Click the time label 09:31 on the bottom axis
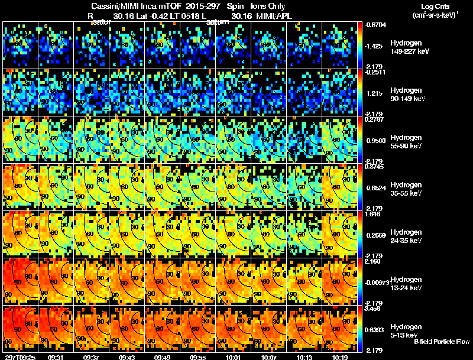[x=56, y=356]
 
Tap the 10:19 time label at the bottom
[x=339, y=356]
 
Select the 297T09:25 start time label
[x=19, y=356]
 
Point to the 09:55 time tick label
[x=198, y=356]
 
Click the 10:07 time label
[x=268, y=356]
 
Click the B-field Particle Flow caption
[x=442, y=342]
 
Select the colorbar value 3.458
[x=374, y=309]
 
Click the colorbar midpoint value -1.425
[x=377, y=46]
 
